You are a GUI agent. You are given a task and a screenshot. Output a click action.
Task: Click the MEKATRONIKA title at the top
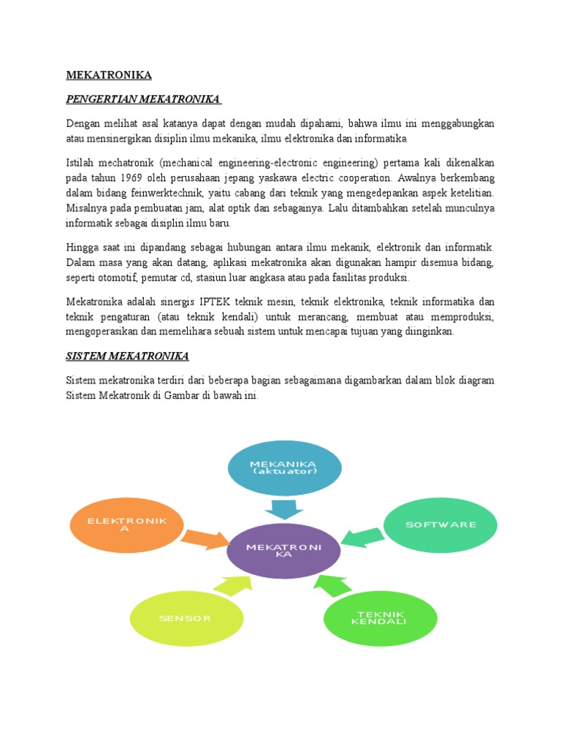[109, 75]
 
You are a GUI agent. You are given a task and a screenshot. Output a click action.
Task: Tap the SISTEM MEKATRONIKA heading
[127, 356]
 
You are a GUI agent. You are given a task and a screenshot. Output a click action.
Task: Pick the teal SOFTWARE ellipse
[440, 524]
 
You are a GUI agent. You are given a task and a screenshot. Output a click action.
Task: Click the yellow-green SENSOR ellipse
[185, 618]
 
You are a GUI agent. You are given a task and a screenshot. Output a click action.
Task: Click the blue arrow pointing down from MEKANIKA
[283, 509]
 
